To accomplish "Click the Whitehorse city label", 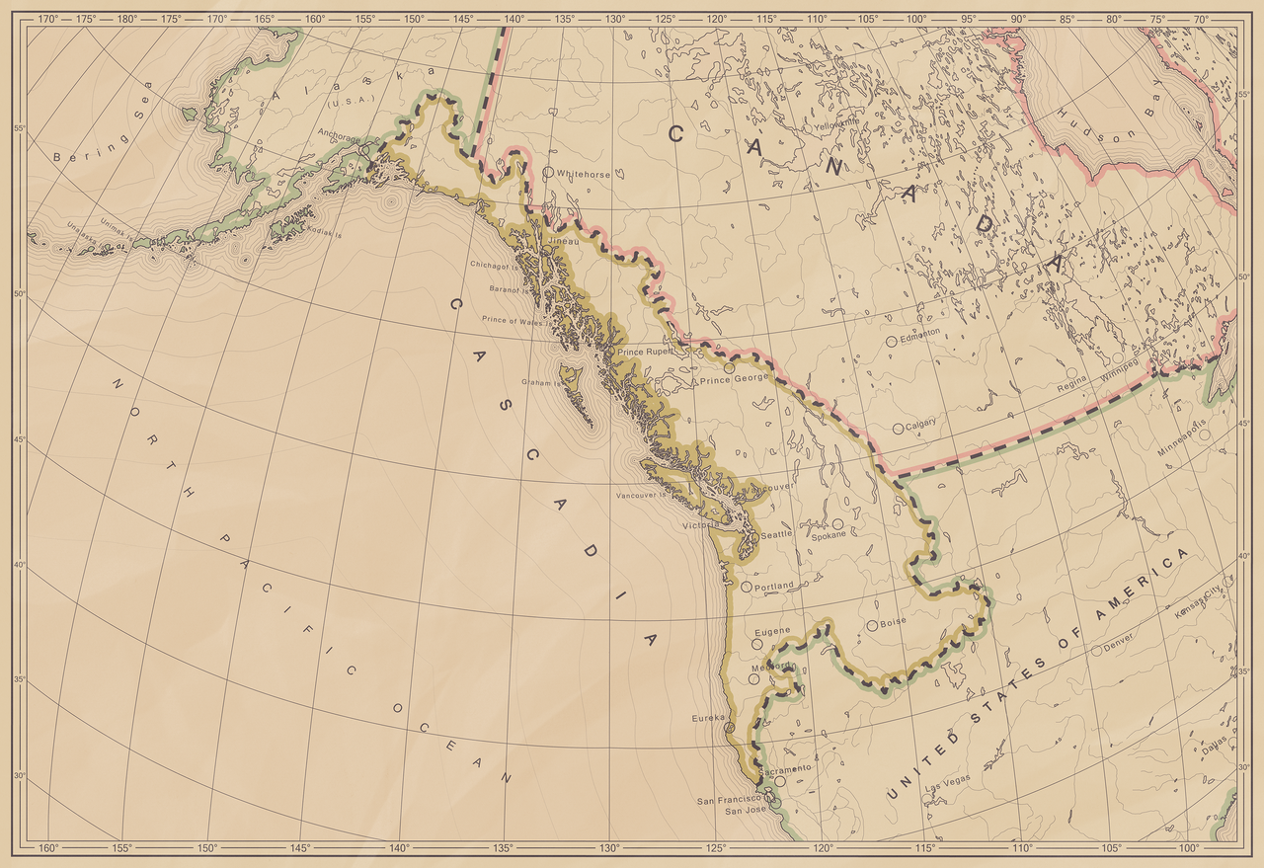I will (584, 174).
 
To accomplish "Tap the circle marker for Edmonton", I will (891, 341).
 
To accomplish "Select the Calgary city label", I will (920, 423).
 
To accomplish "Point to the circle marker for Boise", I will (871, 625).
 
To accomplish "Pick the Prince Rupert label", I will (644, 353).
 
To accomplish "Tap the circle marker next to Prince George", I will (730, 367).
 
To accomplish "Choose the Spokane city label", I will (829, 535).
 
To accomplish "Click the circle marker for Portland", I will (747, 587).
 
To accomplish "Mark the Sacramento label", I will (786, 768).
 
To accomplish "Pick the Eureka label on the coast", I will (709, 718).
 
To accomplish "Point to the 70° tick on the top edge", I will (1200, 19).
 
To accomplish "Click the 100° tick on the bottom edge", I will (1188, 848).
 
